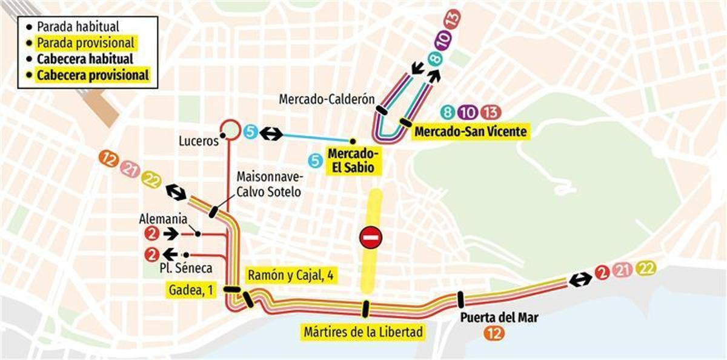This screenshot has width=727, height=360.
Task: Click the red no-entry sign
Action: [371, 237]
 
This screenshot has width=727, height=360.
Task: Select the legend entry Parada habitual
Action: [78, 27]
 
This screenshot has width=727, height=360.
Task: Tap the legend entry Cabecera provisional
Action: [92, 76]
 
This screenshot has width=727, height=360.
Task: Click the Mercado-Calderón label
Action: [327, 99]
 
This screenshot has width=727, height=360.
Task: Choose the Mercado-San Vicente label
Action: [471, 131]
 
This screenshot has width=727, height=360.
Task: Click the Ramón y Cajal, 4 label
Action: [291, 275]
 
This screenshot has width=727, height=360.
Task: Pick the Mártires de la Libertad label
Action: [363, 332]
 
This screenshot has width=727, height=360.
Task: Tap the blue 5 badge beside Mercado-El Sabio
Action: [314, 161]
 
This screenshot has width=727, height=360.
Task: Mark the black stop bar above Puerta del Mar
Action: [460, 299]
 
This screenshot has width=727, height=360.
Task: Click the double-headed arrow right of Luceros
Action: [271, 133]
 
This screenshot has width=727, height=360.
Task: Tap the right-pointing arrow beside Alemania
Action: [171, 233]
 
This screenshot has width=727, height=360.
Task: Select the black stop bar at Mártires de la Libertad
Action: [365, 308]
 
